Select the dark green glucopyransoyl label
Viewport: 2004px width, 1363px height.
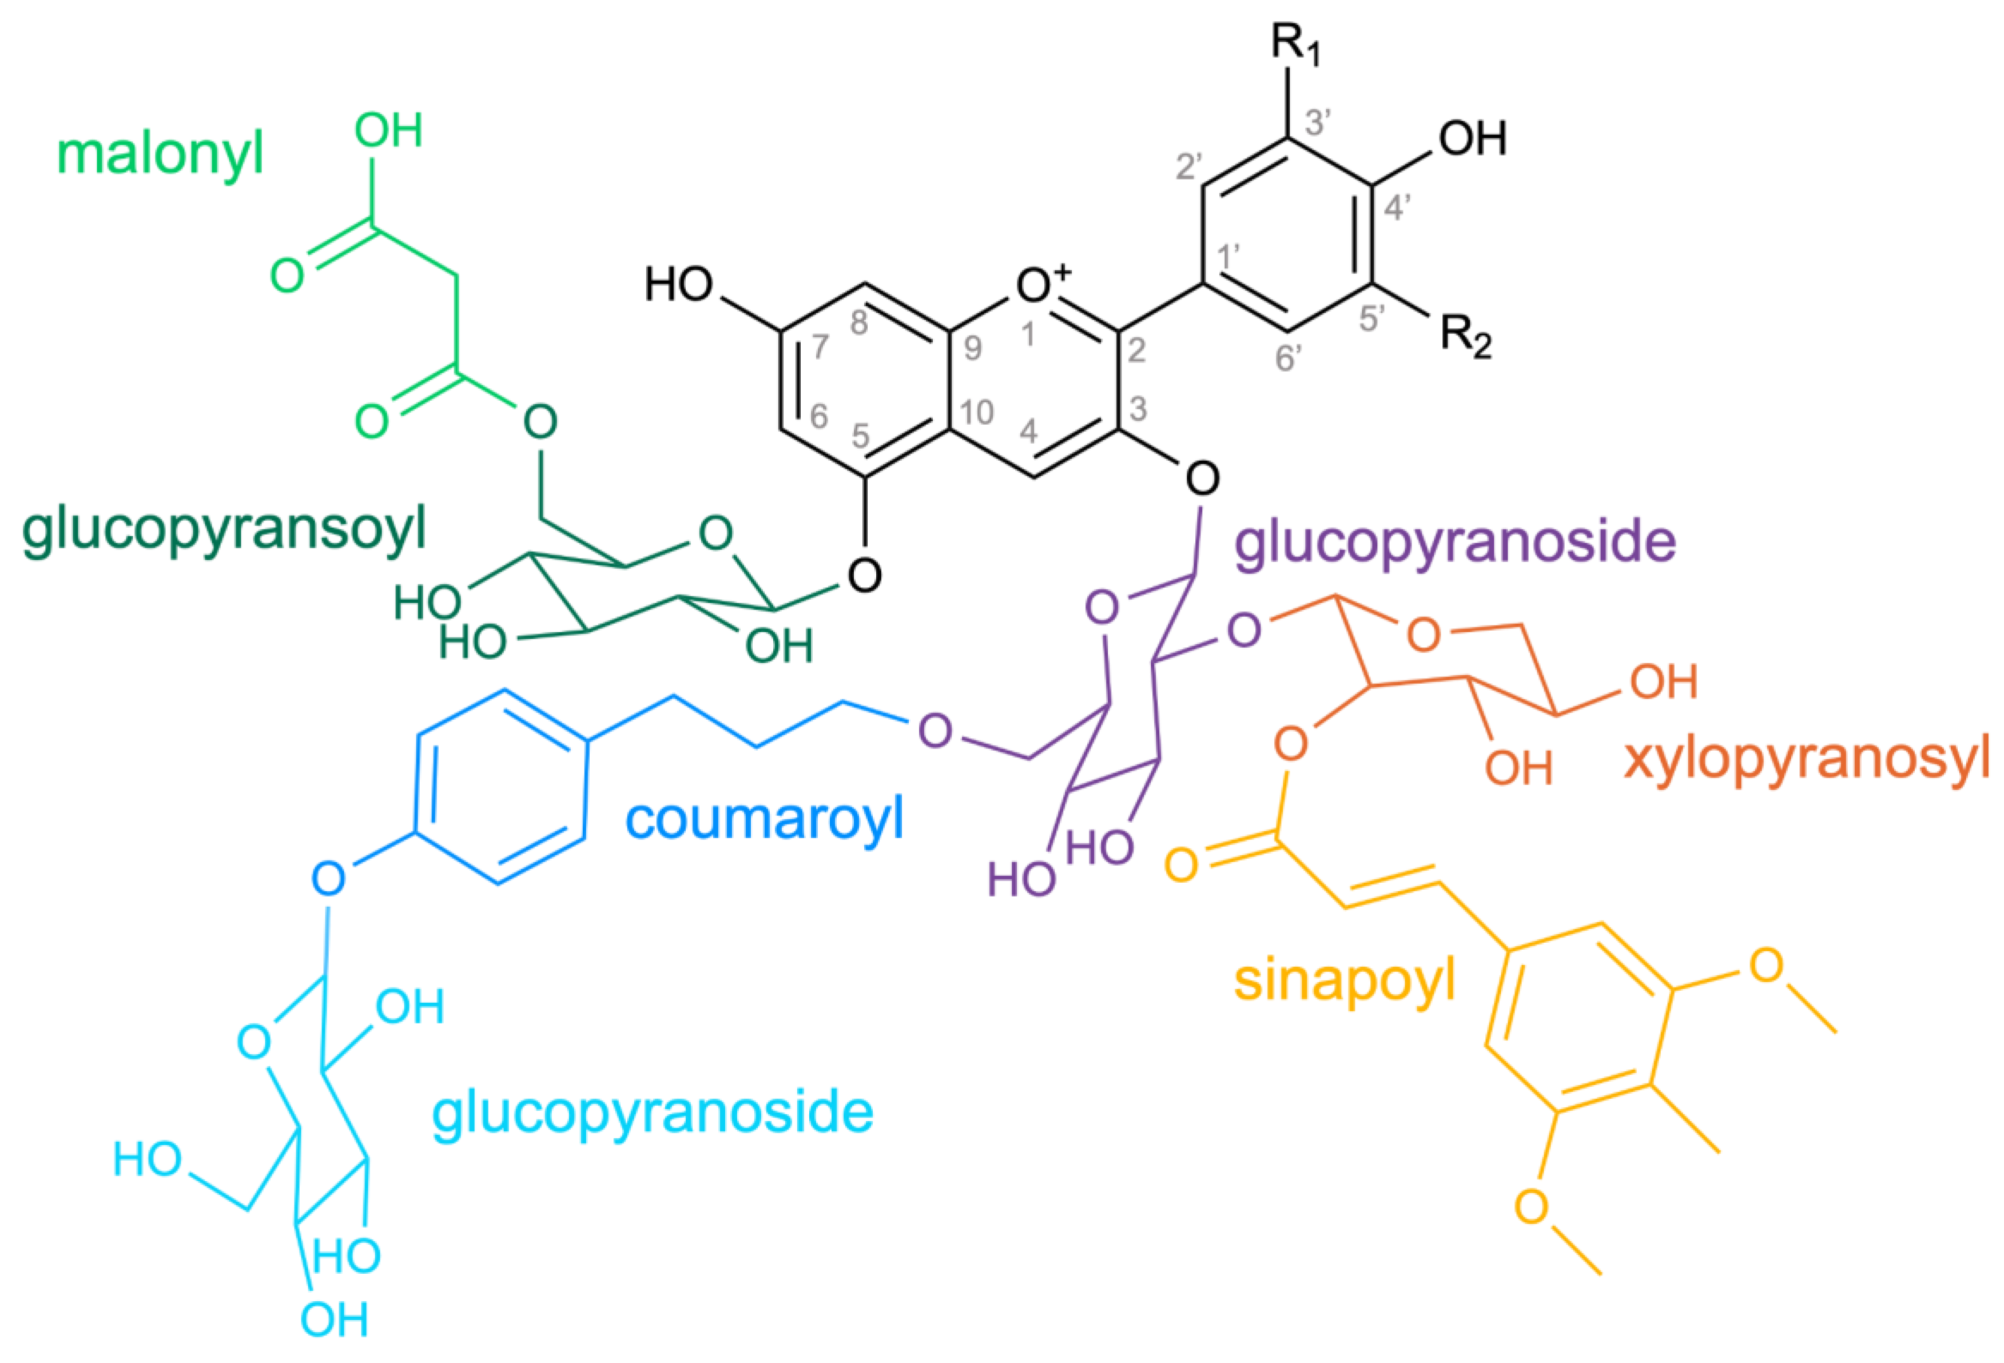point(224,529)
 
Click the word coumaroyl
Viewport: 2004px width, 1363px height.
point(764,819)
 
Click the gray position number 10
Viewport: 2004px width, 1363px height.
point(976,412)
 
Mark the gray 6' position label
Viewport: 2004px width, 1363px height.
point(1289,357)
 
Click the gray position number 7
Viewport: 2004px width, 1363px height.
point(820,346)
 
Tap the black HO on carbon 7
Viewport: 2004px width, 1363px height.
point(679,285)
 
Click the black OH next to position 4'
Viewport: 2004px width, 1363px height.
point(1472,138)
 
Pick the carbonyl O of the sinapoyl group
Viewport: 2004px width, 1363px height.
point(1182,864)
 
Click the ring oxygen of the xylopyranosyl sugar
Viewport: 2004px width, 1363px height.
point(1424,635)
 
